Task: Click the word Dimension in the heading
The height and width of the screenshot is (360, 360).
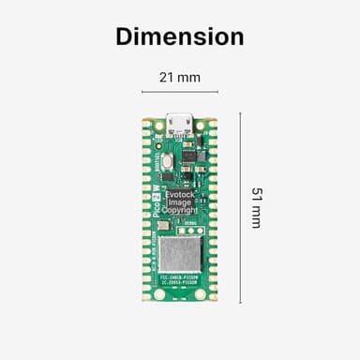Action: pos(179,37)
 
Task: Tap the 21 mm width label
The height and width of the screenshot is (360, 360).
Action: pos(179,78)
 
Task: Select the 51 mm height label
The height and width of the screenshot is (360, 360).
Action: pos(256,207)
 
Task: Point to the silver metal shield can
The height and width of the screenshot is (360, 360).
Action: pos(180,253)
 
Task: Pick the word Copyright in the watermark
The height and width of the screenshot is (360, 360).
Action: pos(179,211)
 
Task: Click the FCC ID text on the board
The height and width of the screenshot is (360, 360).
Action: pos(180,278)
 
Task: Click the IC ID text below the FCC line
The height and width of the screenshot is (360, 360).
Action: pos(180,285)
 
